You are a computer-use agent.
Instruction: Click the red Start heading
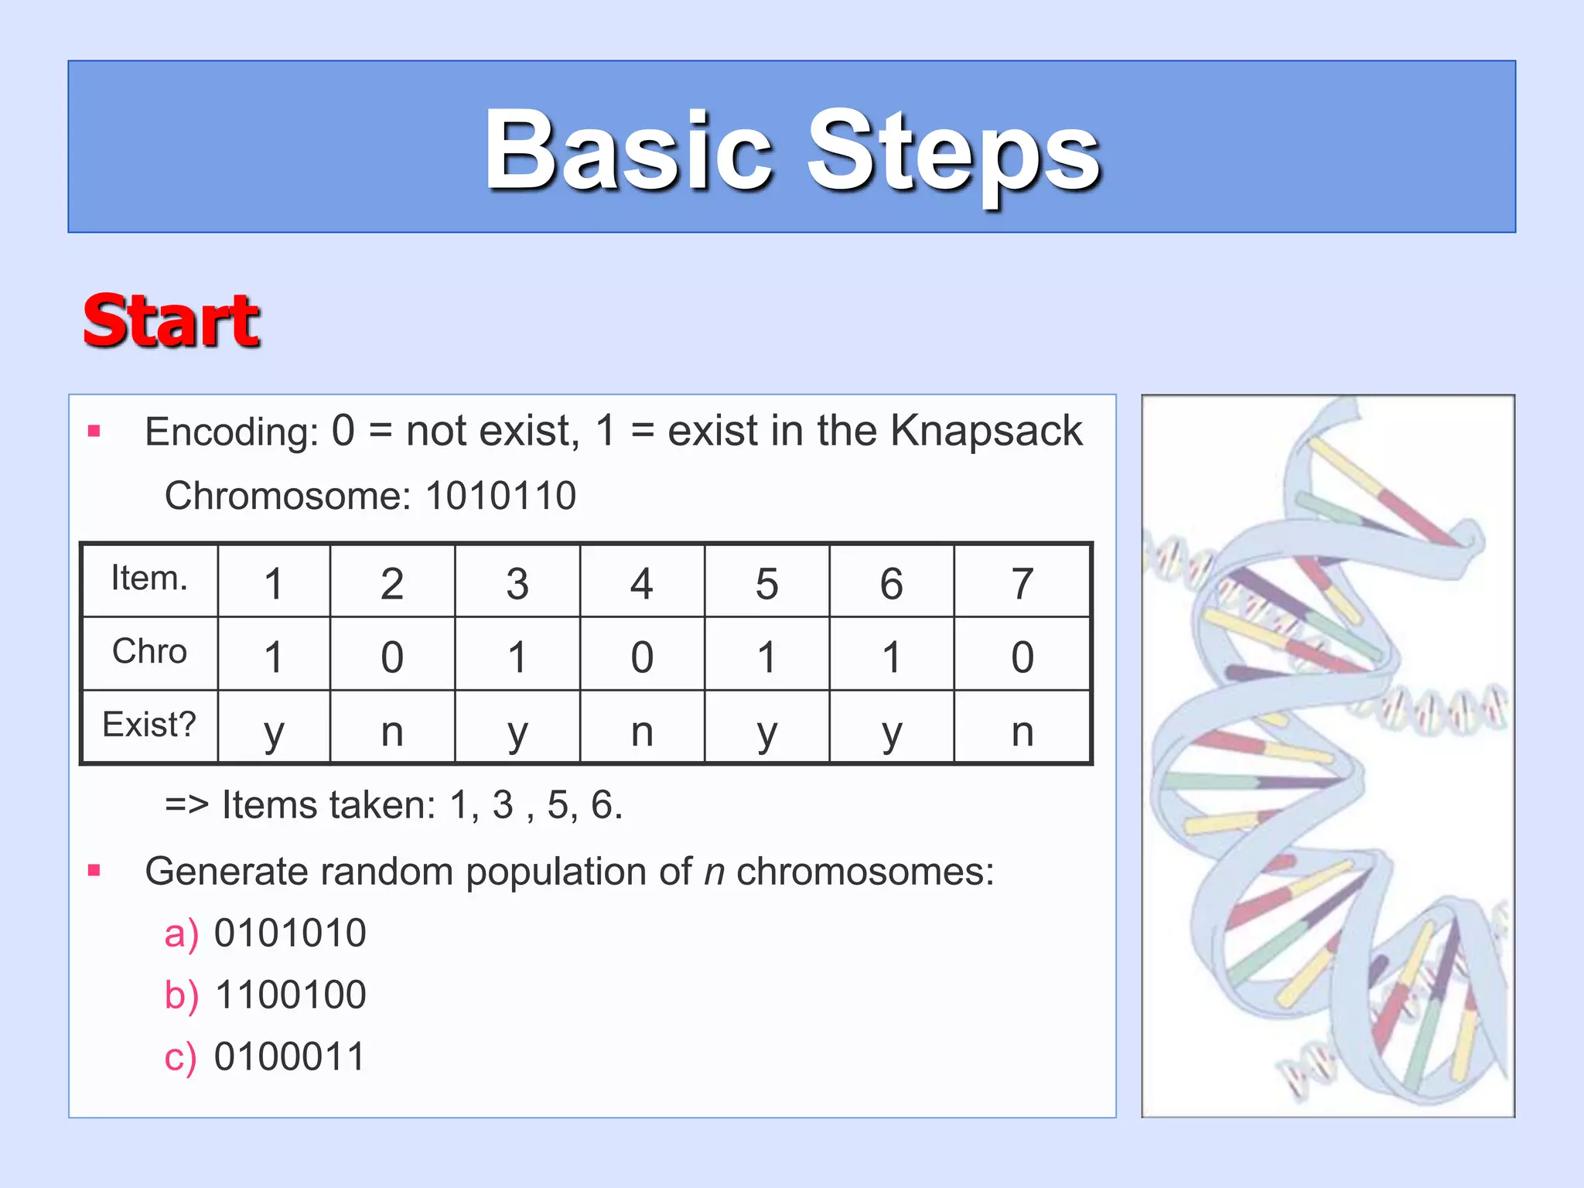click(171, 321)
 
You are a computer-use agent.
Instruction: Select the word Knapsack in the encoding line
click(986, 431)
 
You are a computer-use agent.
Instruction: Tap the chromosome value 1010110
click(500, 496)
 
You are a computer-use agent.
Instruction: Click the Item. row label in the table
click(149, 579)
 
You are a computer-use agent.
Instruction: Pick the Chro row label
click(149, 652)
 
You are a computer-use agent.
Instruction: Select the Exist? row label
click(149, 725)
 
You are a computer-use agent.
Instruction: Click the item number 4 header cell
click(641, 583)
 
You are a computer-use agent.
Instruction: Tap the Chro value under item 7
click(1022, 657)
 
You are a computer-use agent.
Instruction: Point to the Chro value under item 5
click(766, 657)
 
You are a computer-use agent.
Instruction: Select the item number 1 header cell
click(273, 583)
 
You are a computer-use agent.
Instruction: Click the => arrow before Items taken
click(186, 805)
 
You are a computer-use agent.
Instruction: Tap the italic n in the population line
click(714, 872)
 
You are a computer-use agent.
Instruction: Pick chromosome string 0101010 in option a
click(290, 934)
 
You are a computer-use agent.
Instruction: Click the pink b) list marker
click(181, 995)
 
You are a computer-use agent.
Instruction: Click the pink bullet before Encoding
click(94, 431)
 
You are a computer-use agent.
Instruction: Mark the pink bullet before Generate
click(94, 871)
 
